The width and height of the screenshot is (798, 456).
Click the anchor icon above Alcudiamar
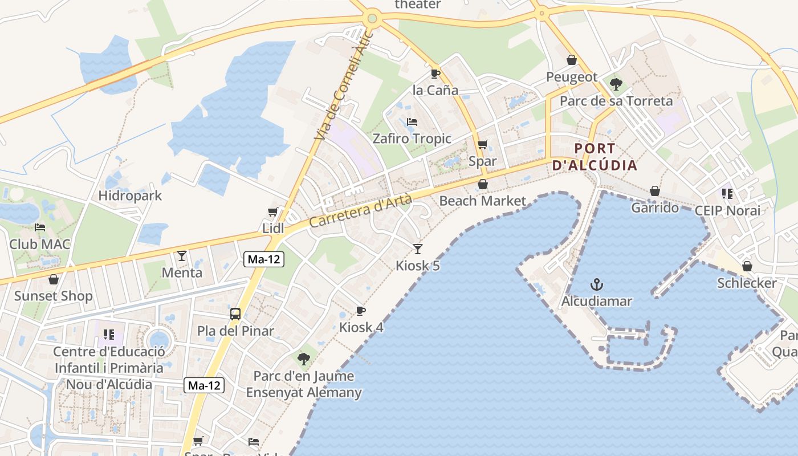tap(597, 284)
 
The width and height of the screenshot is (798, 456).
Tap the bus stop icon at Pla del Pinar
tap(235, 313)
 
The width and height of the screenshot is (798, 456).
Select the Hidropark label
tap(130, 196)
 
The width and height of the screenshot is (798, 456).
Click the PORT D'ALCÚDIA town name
tap(595, 157)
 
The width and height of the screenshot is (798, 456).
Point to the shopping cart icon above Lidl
tap(273, 212)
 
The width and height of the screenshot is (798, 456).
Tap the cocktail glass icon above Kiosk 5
tap(418, 249)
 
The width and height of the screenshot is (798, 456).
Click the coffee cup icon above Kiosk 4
tap(360, 311)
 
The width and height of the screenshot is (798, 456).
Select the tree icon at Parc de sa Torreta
tap(616, 84)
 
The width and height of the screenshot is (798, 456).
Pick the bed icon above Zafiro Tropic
tap(412, 122)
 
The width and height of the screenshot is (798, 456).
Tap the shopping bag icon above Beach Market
tap(483, 184)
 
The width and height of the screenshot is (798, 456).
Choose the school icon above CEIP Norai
tap(727, 194)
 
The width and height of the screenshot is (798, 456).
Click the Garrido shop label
tap(655, 208)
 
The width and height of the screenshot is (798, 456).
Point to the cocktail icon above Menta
tap(182, 256)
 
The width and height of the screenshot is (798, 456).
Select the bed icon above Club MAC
tap(40, 227)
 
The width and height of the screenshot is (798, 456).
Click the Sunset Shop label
tap(53, 296)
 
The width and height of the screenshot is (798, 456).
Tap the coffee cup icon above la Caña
tap(435, 74)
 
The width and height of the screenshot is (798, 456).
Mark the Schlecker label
tap(747, 283)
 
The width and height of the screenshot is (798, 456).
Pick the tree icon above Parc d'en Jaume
tap(304, 359)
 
